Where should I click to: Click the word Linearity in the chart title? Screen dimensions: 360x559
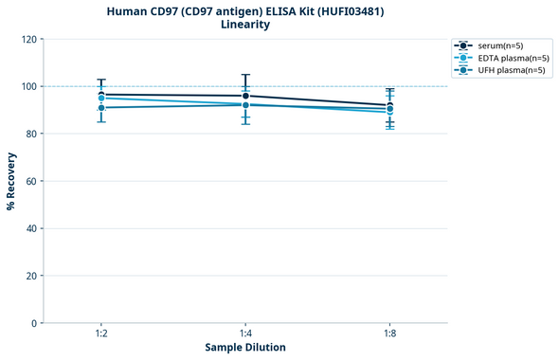tap(244, 25)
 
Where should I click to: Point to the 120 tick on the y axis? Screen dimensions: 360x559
tap(28, 39)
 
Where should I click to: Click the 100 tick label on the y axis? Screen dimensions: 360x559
tap(28, 86)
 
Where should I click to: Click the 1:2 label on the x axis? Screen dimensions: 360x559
tap(100, 333)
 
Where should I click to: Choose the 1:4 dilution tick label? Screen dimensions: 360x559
tap(245, 333)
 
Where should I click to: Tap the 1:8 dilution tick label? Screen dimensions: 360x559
tap(389, 333)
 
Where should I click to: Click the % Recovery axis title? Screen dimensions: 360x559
tap(11, 181)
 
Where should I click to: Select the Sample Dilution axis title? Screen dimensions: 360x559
tap(245, 348)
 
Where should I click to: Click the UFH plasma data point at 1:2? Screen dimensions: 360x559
tap(101, 108)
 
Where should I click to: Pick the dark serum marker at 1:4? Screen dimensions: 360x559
tap(245, 96)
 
